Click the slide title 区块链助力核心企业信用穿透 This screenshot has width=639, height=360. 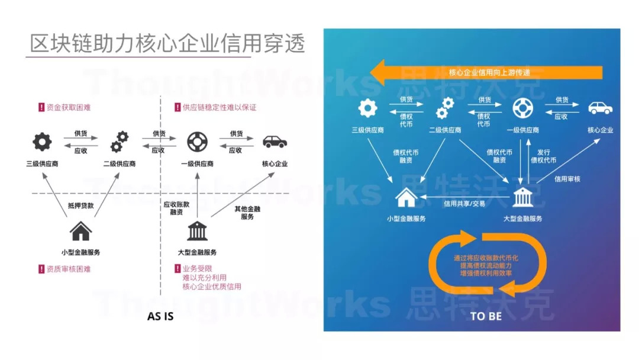[x=167, y=43]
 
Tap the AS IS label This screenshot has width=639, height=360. [x=160, y=316]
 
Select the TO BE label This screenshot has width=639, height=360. [x=486, y=316]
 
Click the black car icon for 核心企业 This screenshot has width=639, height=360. [x=275, y=142]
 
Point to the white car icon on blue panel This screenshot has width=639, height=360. [x=601, y=108]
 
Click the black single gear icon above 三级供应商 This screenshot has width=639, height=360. [x=43, y=142]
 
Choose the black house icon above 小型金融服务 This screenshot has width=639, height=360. [x=80, y=231]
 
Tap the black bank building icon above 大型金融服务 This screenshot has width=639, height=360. [x=197, y=231]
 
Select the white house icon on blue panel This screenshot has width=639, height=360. [x=406, y=197]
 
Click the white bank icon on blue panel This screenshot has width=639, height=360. [x=523, y=197]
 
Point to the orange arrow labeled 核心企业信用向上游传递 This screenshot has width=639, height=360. [x=486, y=73]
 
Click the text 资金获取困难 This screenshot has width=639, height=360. [x=69, y=108]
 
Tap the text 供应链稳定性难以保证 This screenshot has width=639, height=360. [x=220, y=108]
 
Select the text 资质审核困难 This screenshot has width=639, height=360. [x=69, y=269]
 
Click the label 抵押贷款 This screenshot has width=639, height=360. [x=80, y=206]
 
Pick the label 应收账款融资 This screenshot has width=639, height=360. [x=176, y=208]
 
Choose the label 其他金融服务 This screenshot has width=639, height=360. [x=247, y=213]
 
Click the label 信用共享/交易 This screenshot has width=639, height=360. [x=464, y=204]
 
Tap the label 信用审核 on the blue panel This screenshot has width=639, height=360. [x=567, y=179]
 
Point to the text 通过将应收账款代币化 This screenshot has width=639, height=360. [x=486, y=258]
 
